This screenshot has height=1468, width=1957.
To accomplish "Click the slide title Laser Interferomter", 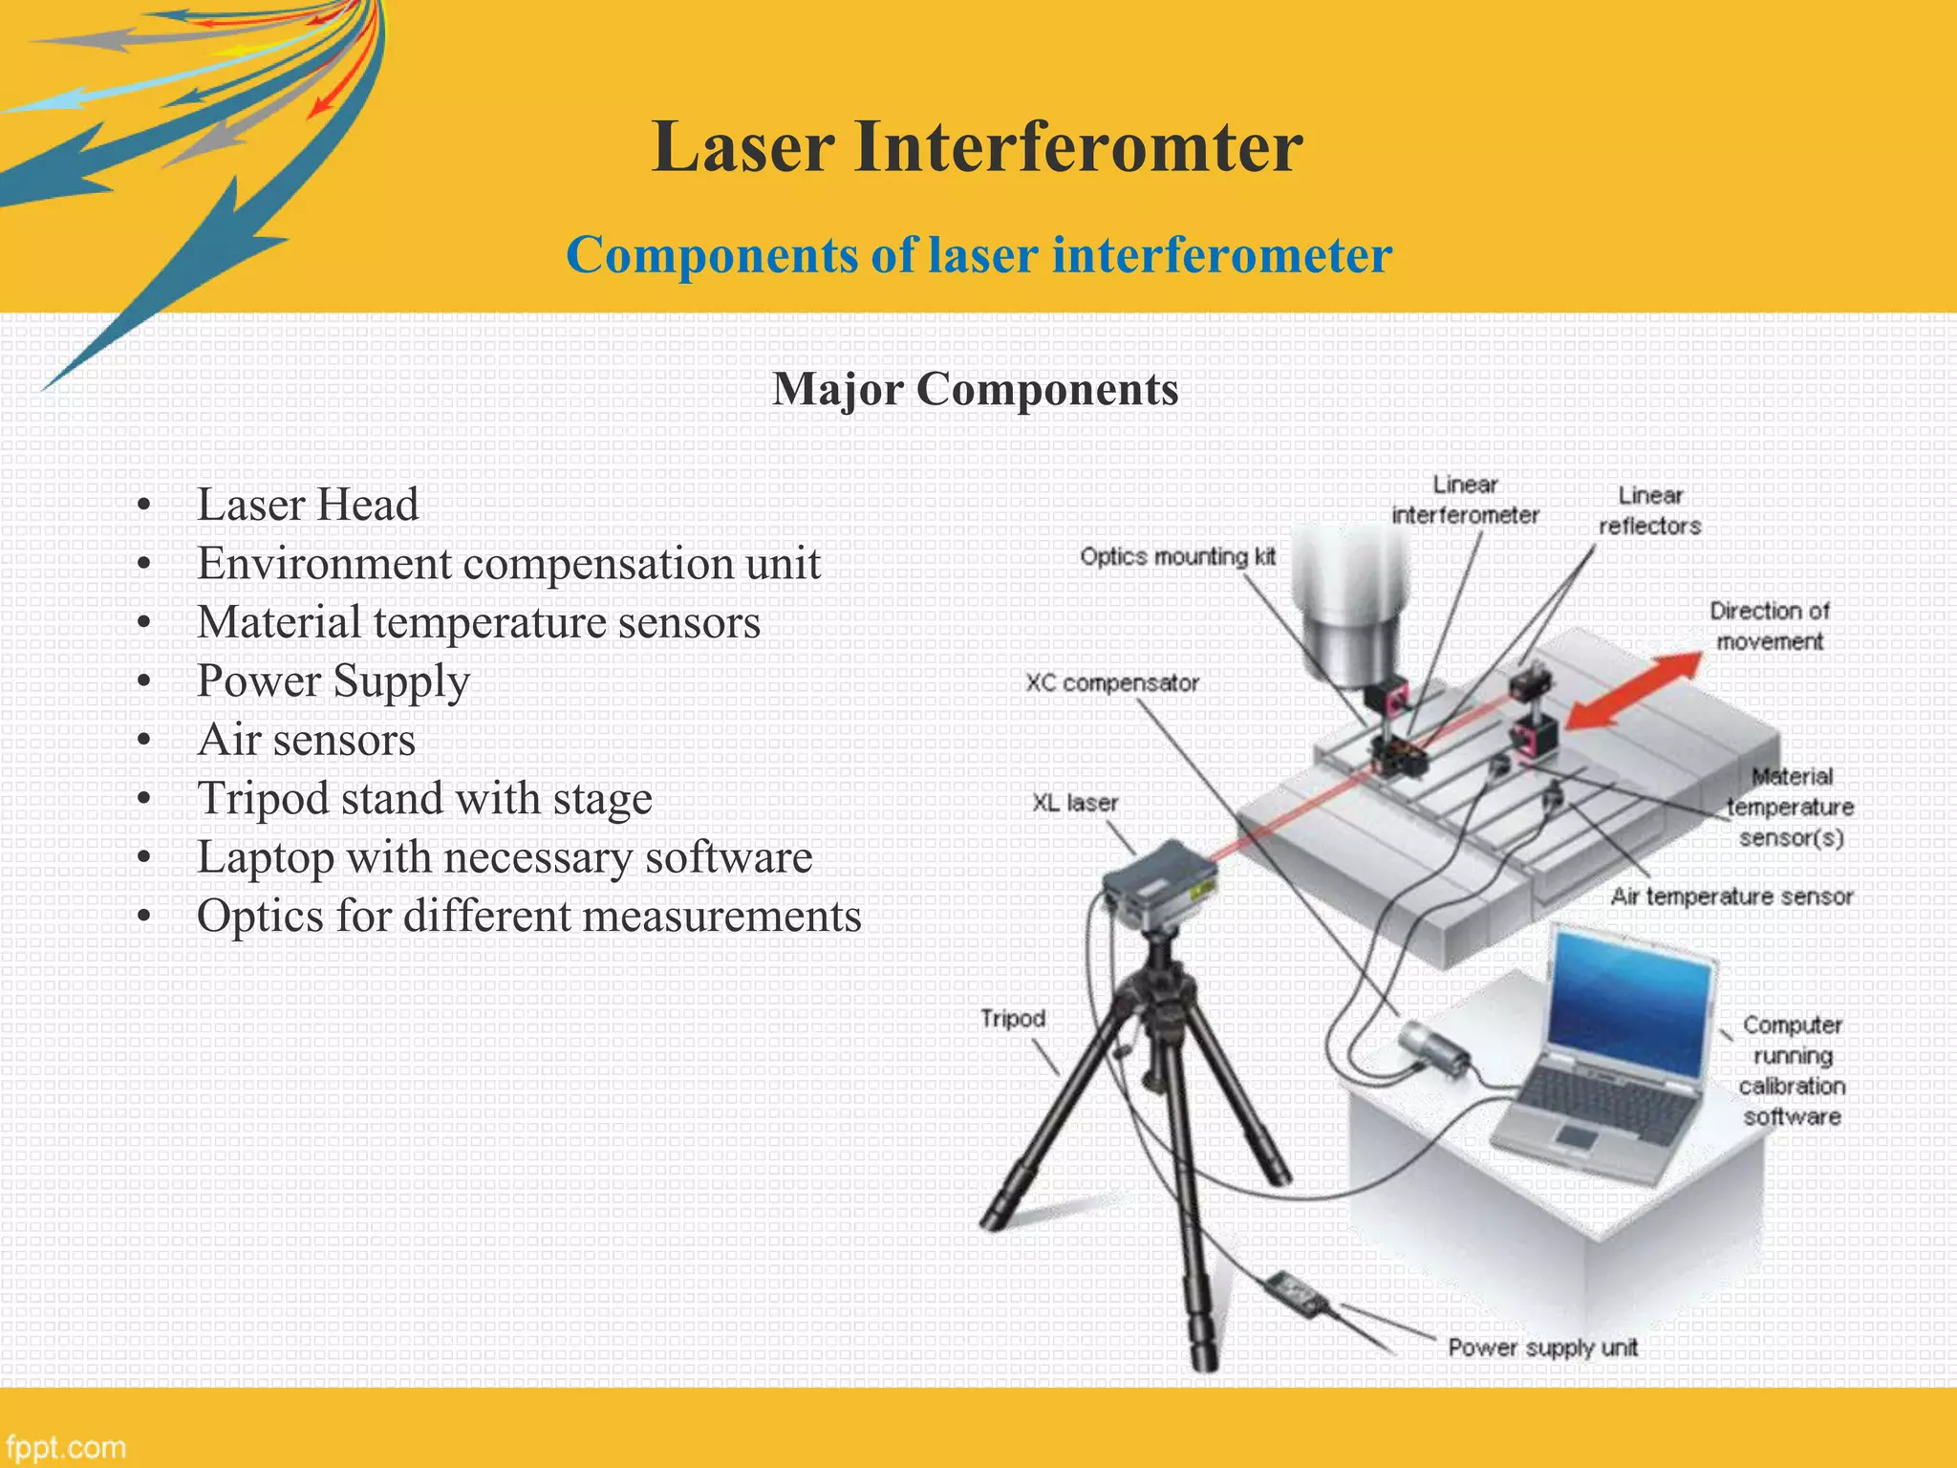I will pyautogui.click(x=977, y=148).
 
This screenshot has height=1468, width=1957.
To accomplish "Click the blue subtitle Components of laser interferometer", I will pyautogui.click(x=978, y=255).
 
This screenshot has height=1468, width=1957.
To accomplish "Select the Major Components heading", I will pyautogui.click(x=975, y=389).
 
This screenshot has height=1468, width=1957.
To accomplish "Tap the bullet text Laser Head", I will pyautogui.click(x=308, y=505).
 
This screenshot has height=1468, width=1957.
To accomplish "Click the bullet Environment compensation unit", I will pyautogui.click(x=508, y=563).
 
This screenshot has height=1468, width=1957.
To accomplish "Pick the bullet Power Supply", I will pyautogui.click(x=333, y=681).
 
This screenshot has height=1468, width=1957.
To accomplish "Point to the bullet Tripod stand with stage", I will pyautogui.click(x=424, y=798).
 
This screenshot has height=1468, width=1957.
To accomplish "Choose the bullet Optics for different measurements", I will pyautogui.click(x=528, y=916).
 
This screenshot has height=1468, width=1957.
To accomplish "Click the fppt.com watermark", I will pyautogui.click(x=65, y=1447).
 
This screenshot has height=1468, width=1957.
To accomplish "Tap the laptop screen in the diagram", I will pyautogui.click(x=1629, y=1003).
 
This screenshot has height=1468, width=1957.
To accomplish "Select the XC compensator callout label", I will pyautogui.click(x=1111, y=683).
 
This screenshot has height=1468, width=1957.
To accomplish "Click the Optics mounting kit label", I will pyautogui.click(x=1177, y=556).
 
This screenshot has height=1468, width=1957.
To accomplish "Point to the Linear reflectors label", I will pyautogui.click(x=1649, y=510).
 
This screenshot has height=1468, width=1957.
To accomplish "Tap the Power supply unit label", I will pyautogui.click(x=1541, y=1348).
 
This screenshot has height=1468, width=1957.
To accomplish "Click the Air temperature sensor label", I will pyautogui.click(x=1731, y=896).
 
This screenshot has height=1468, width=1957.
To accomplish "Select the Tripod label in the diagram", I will pyautogui.click(x=1013, y=1019).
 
